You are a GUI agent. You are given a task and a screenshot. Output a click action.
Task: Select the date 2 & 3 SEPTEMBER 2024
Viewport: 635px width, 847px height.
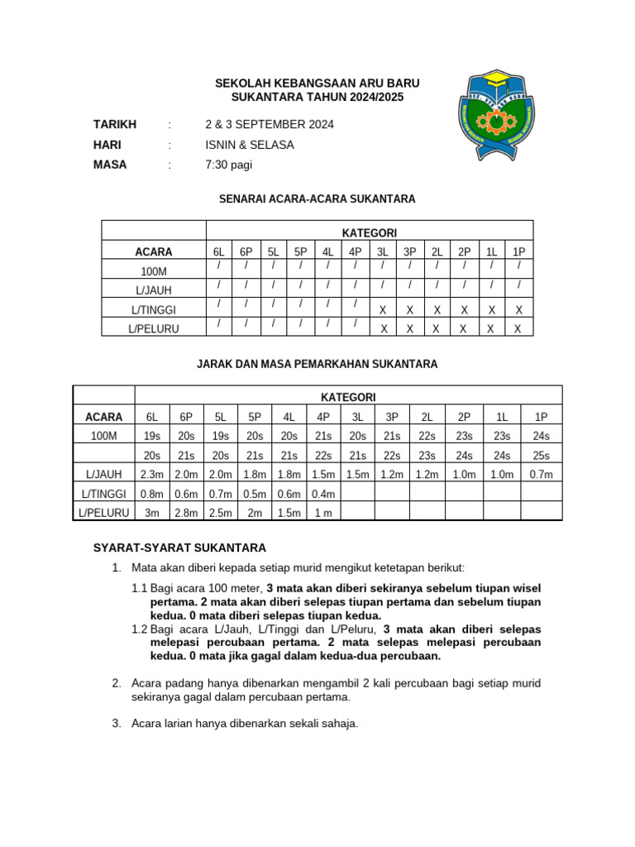pyautogui.click(x=270, y=125)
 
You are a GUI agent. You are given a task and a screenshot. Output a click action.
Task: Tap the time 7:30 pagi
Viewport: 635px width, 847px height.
pyautogui.click(x=229, y=165)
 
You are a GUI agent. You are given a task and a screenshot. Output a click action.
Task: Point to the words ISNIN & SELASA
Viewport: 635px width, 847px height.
pyautogui.click(x=250, y=145)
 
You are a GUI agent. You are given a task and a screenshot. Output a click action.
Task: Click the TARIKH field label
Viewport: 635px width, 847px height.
pyautogui.click(x=115, y=125)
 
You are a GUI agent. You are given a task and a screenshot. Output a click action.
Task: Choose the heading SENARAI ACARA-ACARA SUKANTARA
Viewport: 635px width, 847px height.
pyautogui.click(x=317, y=199)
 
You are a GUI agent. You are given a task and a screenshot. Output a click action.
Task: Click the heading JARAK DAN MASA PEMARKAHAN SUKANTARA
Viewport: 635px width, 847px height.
pyautogui.click(x=317, y=364)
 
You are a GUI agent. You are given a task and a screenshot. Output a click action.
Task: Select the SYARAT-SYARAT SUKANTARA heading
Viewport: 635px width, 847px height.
pyautogui.click(x=179, y=548)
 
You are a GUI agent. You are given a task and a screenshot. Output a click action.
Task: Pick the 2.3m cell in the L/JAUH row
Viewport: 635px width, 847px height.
pyautogui.click(x=152, y=474)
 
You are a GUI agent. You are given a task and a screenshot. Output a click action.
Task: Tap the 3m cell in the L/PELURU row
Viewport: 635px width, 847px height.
pyautogui.click(x=152, y=513)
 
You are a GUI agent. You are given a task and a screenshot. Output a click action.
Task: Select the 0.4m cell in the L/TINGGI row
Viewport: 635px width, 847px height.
pyautogui.click(x=323, y=494)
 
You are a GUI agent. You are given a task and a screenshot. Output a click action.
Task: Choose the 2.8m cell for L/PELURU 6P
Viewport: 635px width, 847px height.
pyautogui.click(x=187, y=513)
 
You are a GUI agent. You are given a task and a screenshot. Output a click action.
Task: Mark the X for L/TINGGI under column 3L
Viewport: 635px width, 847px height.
pyautogui.click(x=383, y=310)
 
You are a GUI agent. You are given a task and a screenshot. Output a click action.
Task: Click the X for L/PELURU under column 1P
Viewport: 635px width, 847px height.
pyautogui.click(x=518, y=328)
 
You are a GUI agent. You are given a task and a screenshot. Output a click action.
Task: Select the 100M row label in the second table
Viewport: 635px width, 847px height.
pyautogui.click(x=104, y=436)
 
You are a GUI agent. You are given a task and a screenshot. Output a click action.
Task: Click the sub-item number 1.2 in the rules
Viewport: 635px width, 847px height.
pyautogui.click(x=140, y=629)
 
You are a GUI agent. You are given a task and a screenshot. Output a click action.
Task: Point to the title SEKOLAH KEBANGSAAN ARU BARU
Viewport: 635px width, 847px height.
pyautogui.click(x=317, y=84)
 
